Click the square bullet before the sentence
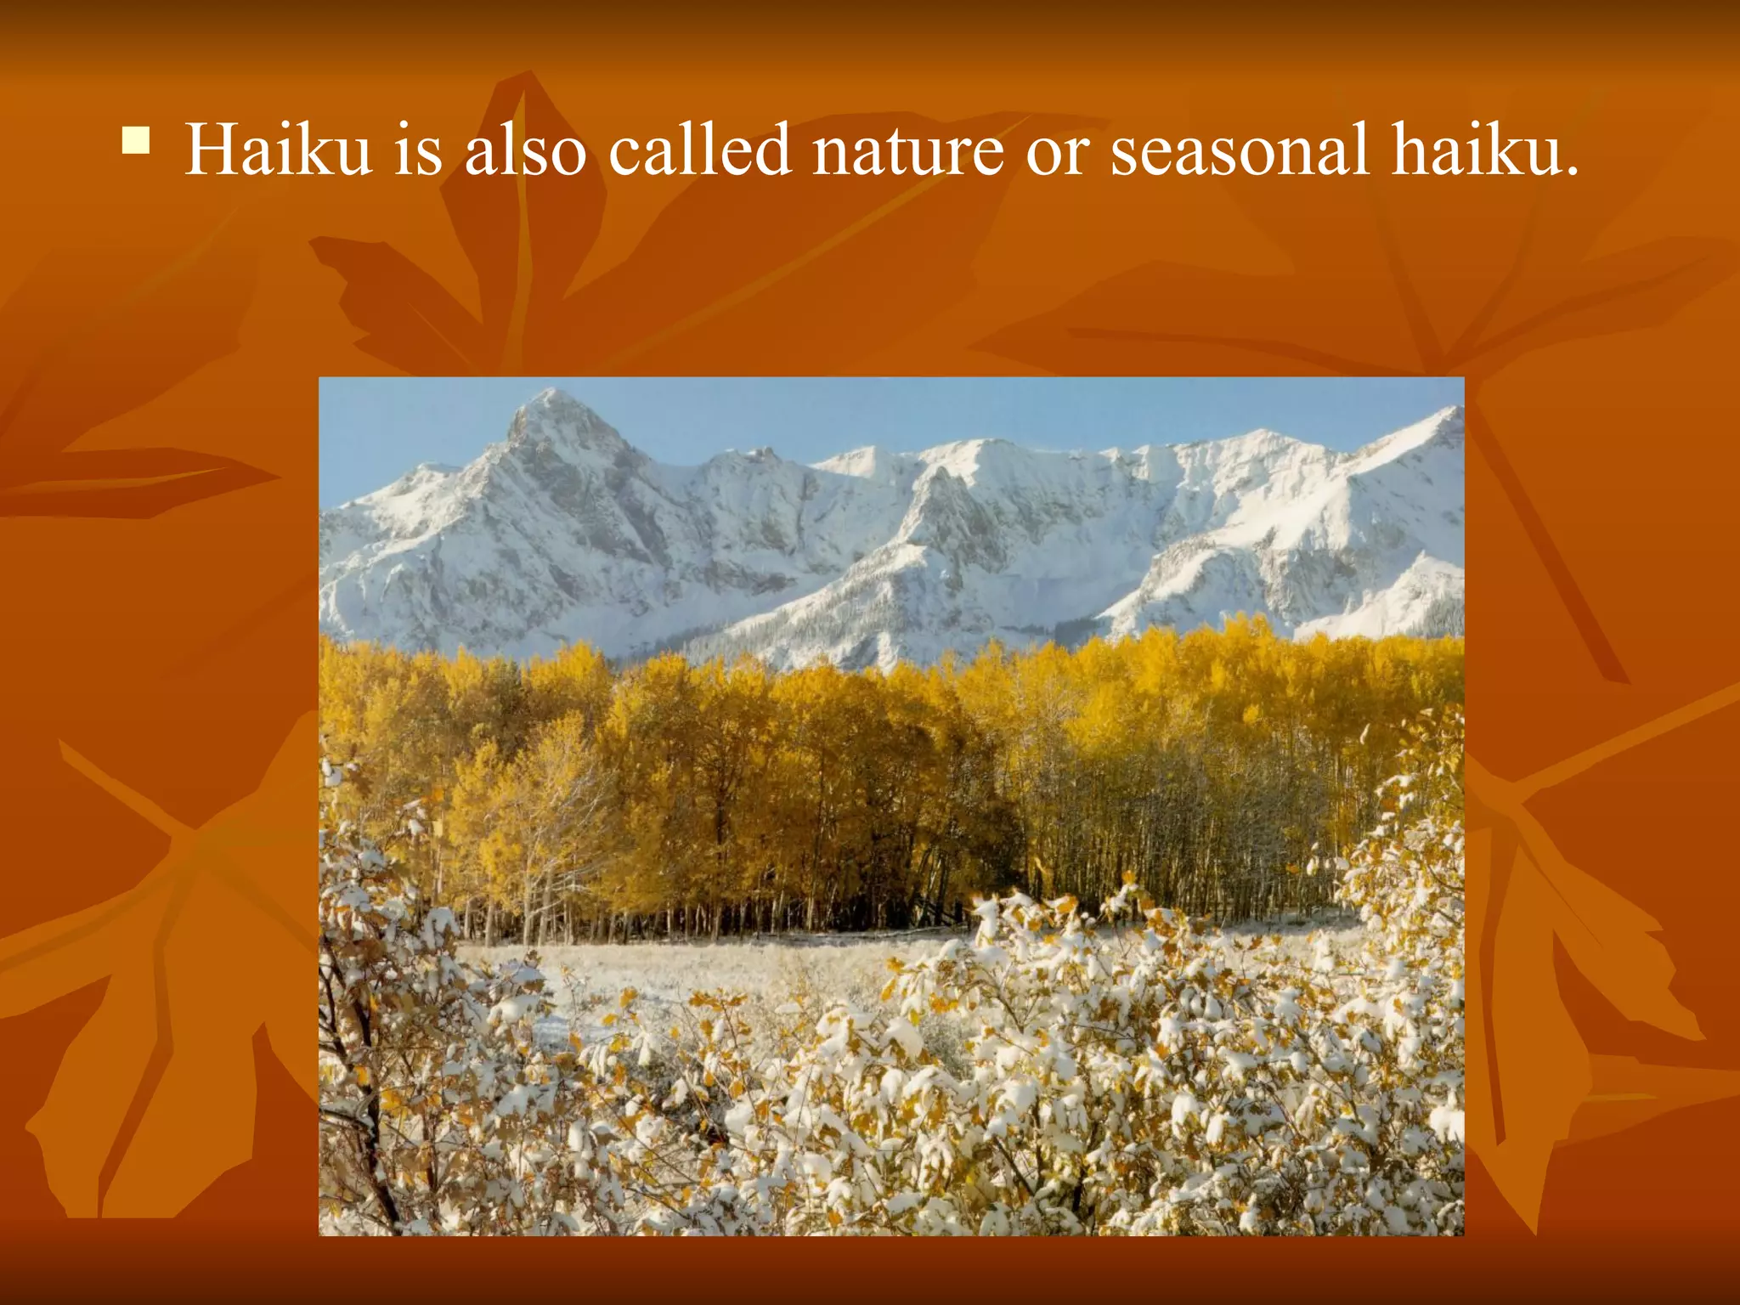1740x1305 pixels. (136, 140)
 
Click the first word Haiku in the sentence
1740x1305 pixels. (279, 150)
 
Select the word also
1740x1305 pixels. (525, 150)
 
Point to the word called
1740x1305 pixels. (699, 150)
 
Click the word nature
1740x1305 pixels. (907, 150)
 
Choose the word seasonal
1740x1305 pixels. (1240, 150)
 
